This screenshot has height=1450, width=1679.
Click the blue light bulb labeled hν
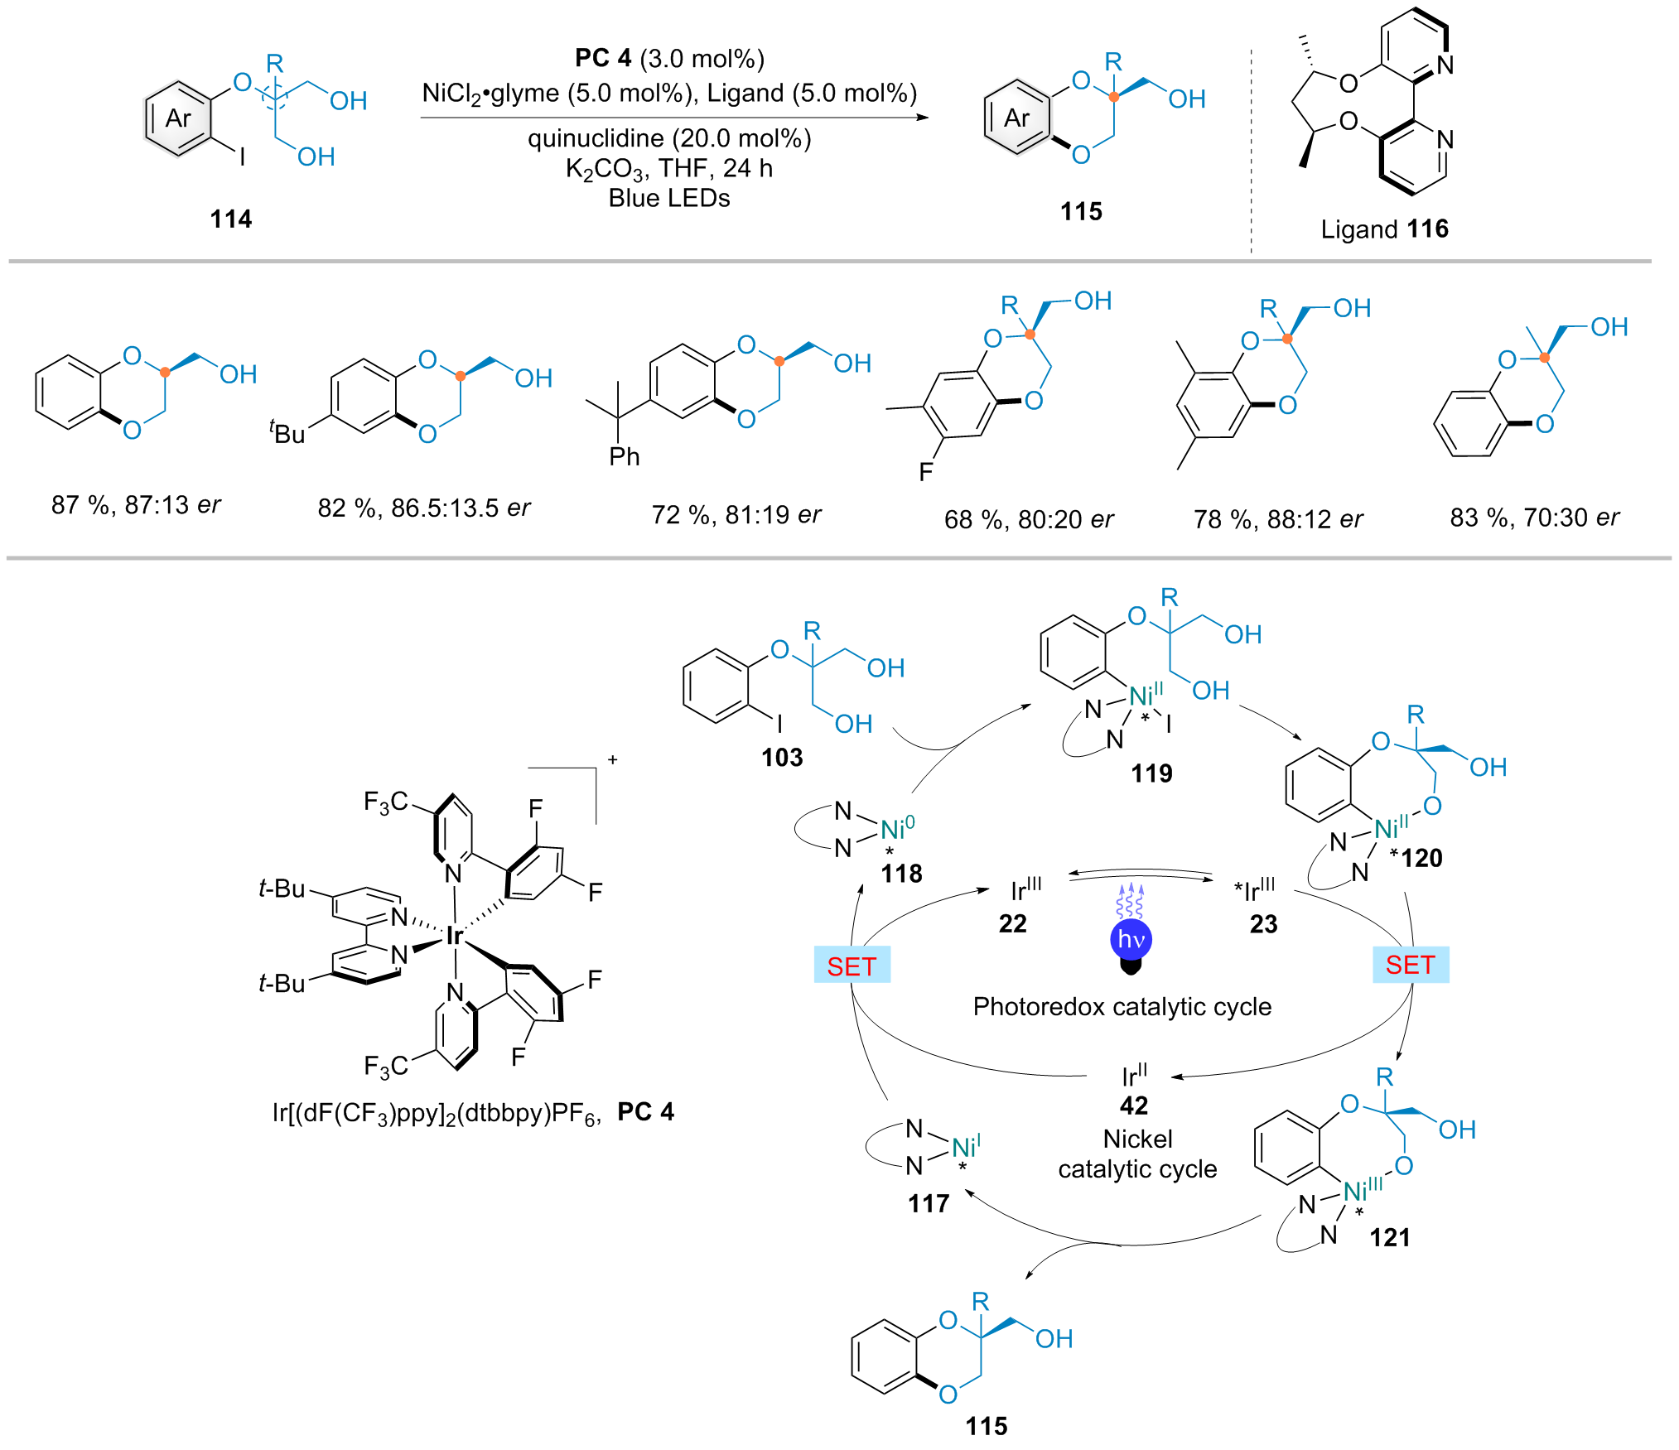click(1131, 941)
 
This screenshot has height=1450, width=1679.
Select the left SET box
click(852, 966)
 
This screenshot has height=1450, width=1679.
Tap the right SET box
click(1410, 965)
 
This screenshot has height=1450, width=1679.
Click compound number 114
click(230, 219)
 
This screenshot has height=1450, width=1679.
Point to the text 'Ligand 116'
click(1384, 229)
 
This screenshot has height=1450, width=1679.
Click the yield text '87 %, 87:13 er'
click(136, 504)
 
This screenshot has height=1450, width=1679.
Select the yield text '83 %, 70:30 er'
click(1534, 518)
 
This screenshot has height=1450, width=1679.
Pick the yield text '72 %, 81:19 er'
click(736, 515)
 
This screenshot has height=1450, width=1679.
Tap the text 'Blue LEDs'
click(669, 199)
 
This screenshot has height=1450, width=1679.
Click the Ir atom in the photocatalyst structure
click(454, 936)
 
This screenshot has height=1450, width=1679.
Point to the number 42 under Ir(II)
click(1134, 1106)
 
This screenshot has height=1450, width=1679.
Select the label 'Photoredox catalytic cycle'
click(1122, 1006)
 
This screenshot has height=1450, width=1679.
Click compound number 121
click(1389, 1237)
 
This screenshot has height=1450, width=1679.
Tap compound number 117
click(928, 1203)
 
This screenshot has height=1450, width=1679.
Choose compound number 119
click(1151, 773)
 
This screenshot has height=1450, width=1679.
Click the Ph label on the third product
click(625, 456)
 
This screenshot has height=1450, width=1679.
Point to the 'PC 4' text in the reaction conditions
click(603, 58)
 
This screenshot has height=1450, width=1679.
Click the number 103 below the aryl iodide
click(782, 757)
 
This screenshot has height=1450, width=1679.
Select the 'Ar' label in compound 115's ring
click(1017, 118)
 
